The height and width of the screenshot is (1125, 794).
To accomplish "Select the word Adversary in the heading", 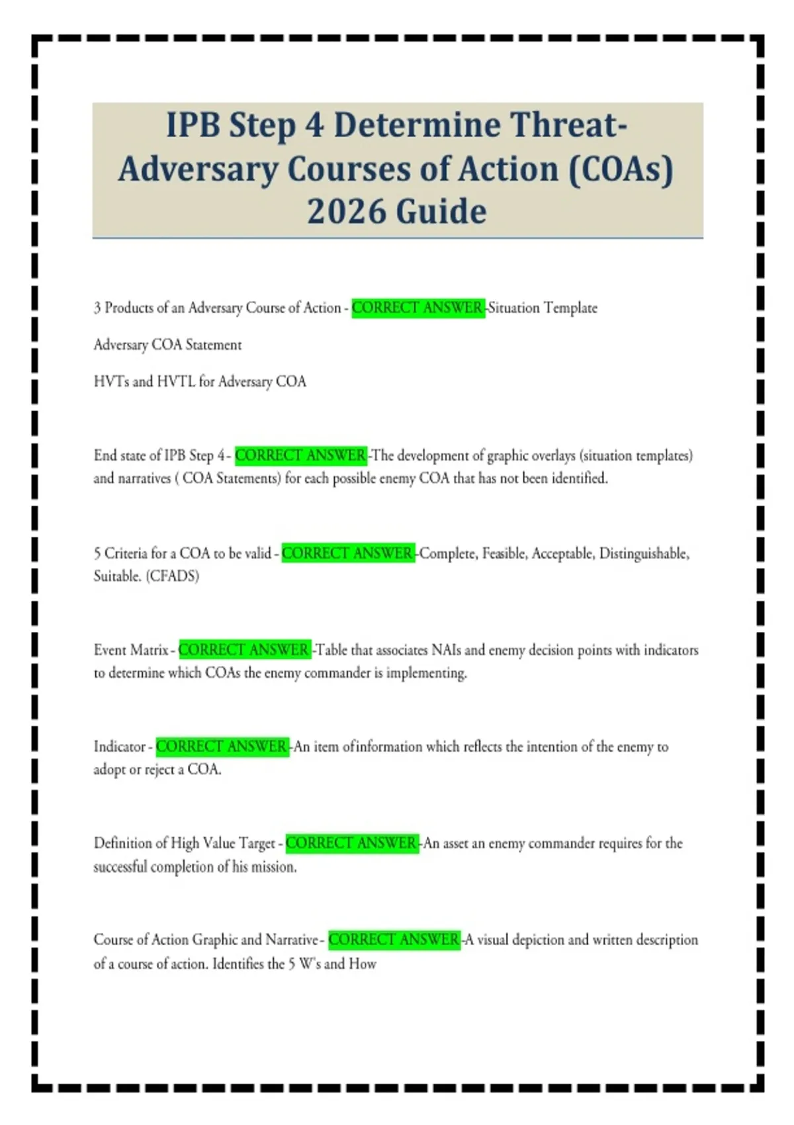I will (x=198, y=169).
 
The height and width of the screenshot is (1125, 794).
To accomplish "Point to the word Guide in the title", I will (x=441, y=212).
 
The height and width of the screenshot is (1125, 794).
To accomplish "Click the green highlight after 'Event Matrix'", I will (x=244, y=650).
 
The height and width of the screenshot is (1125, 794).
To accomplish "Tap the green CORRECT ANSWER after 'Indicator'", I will (x=222, y=746).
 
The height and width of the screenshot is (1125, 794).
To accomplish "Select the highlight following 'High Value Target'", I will (x=352, y=843).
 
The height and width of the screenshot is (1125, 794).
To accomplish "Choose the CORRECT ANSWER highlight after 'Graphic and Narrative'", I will (x=394, y=940).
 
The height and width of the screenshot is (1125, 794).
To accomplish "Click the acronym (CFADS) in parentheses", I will (x=173, y=576).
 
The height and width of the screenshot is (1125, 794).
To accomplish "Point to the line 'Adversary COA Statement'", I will (x=167, y=345).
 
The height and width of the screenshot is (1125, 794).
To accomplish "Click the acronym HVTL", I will (x=176, y=382).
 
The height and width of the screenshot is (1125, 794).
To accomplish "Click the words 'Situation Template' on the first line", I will (x=543, y=308).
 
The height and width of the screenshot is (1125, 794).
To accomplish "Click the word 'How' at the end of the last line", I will (x=363, y=964).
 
